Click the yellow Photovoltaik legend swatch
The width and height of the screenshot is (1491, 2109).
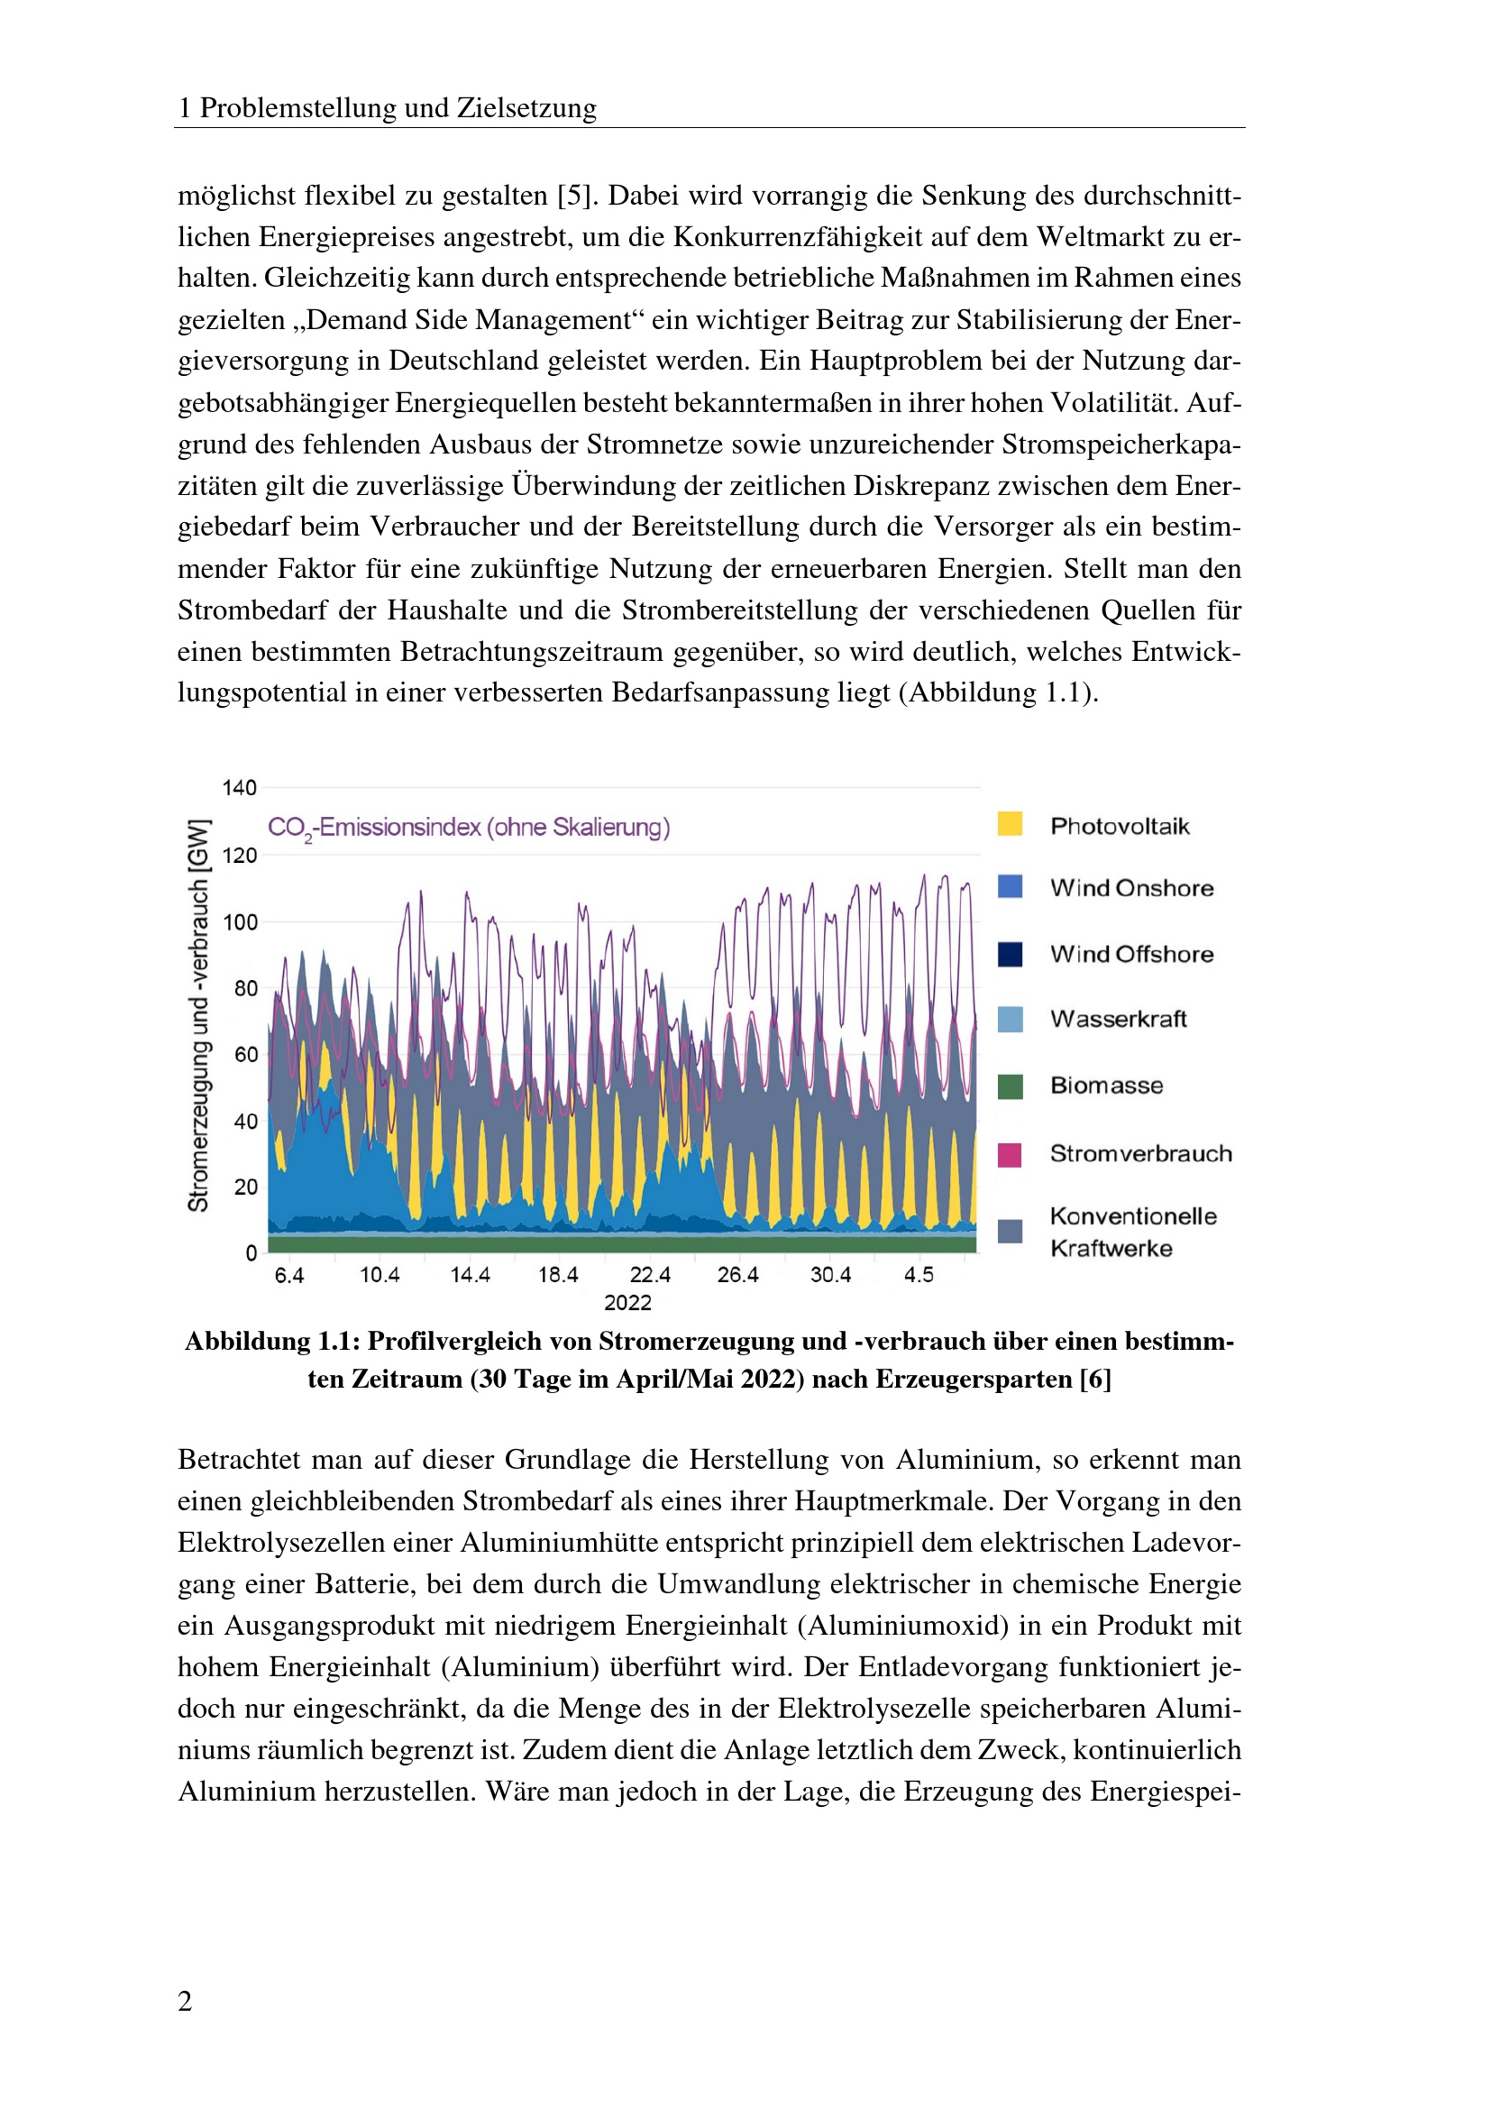coord(1010,824)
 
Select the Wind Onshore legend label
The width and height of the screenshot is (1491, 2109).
coord(1131,888)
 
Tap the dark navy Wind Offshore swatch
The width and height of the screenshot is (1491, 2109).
coord(1010,954)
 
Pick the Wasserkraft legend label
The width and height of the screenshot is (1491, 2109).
coord(1118,1019)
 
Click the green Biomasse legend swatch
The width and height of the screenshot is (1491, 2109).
coord(1010,1086)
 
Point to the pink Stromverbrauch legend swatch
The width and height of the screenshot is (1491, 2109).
coord(1010,1155)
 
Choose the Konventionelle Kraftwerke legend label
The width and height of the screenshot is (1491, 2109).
coord(1133,1232)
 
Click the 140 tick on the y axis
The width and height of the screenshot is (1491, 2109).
coord(240,787)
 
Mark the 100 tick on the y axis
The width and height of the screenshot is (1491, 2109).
coord(240,922)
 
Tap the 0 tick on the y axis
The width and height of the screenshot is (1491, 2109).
coord(251,1254)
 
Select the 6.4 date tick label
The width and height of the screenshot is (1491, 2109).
coord(289,1275)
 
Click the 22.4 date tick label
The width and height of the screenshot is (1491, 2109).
coord(650,1275)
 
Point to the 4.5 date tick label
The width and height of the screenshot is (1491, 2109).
coord(918,1275)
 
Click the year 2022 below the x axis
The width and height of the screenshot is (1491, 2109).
coord(627,1303)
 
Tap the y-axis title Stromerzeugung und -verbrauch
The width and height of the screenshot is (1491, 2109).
coord(199,1015)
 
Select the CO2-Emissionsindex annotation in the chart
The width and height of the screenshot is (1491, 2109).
coord(468,828)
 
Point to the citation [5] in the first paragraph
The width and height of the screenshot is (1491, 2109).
coord(578,196)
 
